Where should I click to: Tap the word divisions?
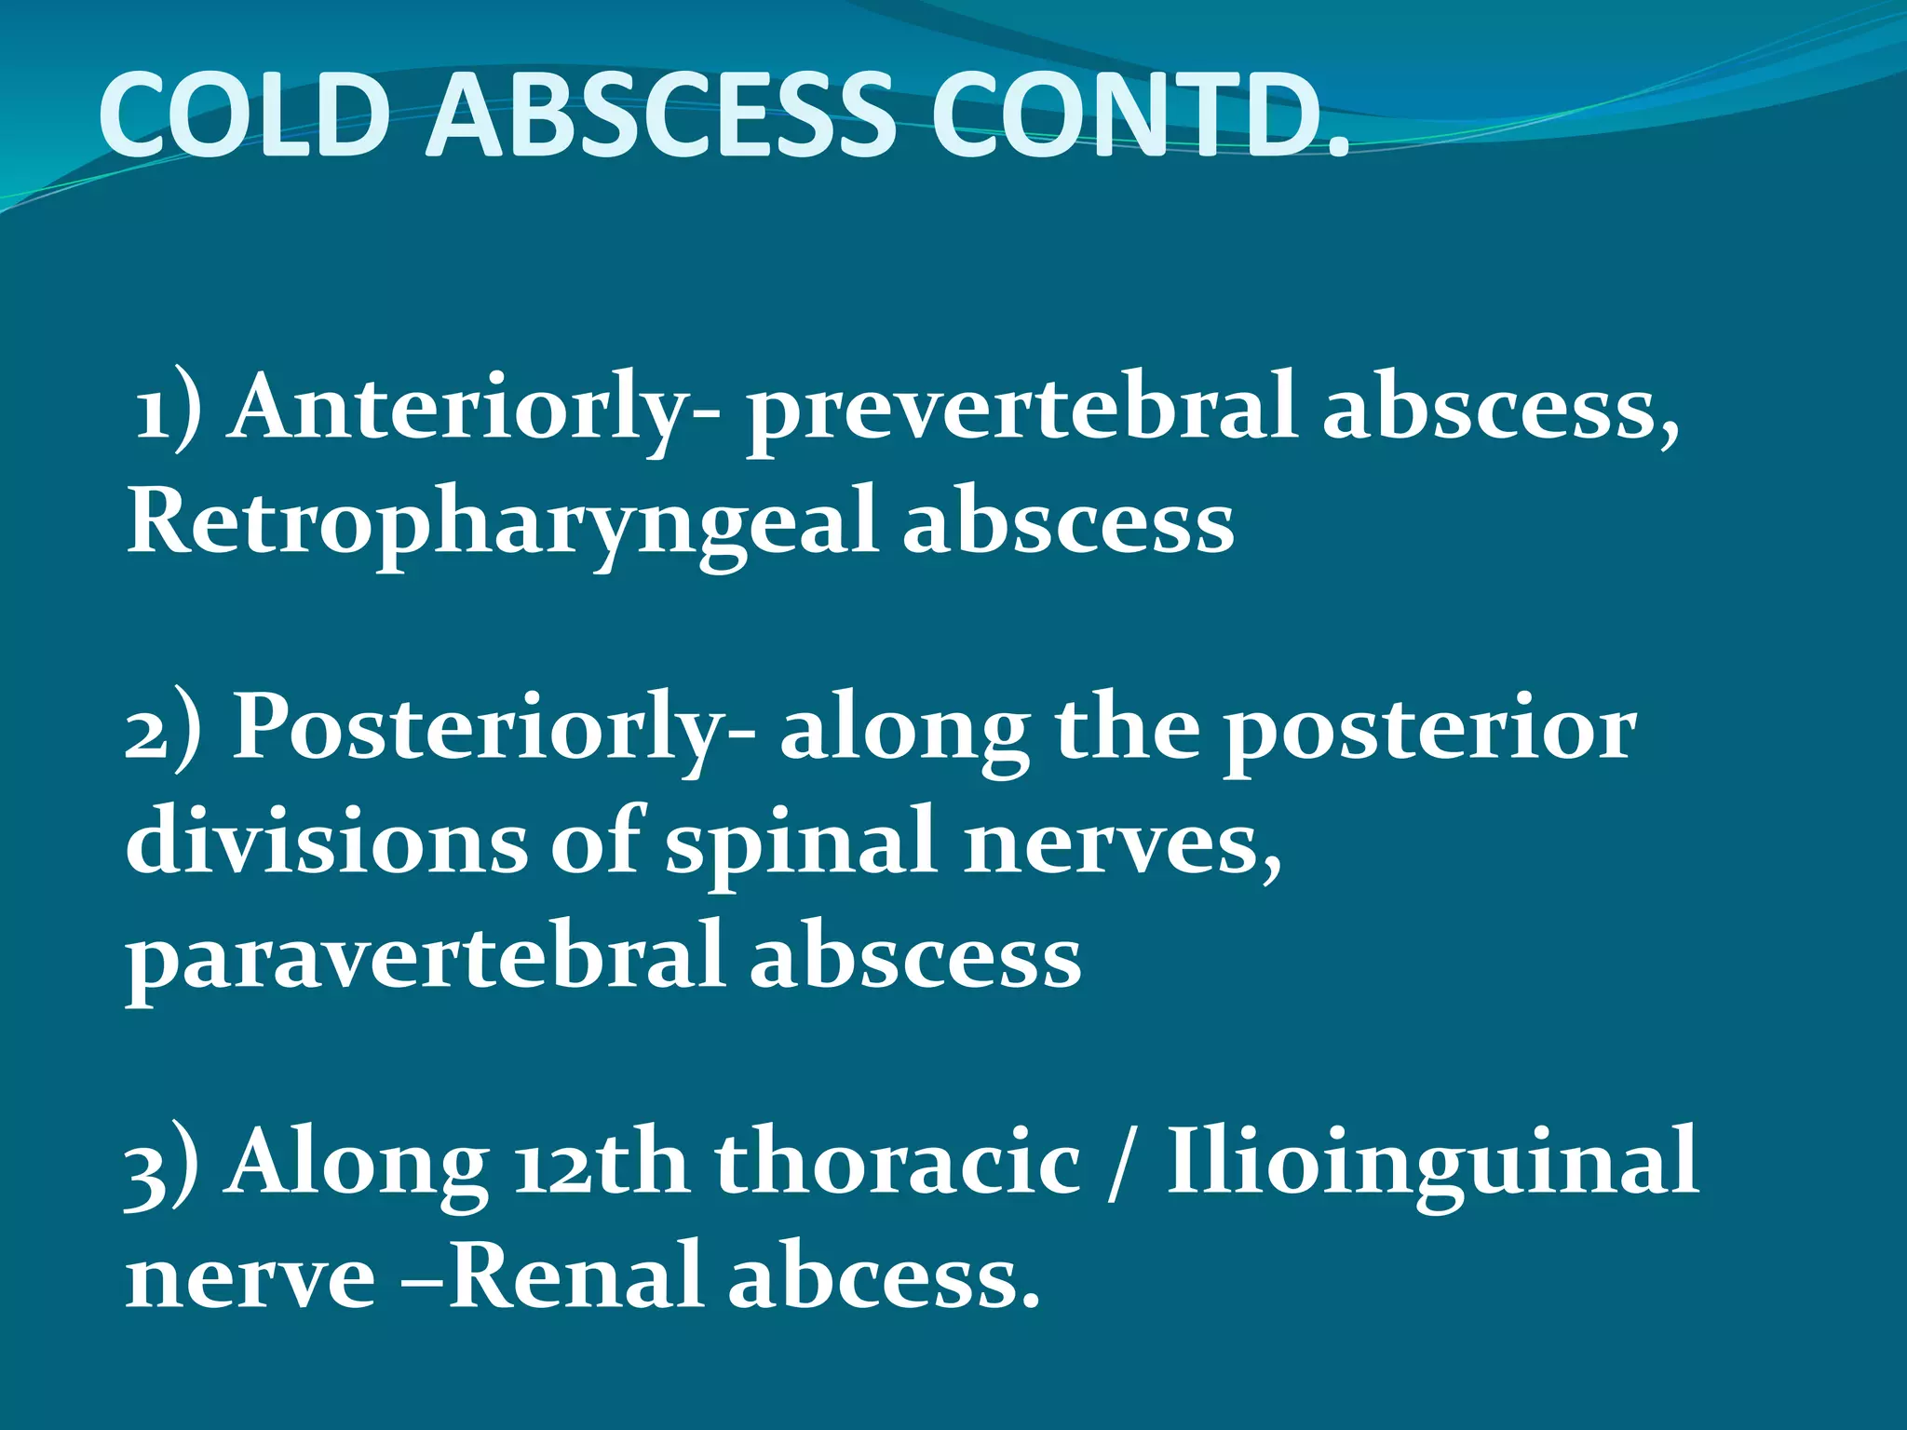coord(326,840)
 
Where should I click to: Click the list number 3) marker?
coord(161,1169)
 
